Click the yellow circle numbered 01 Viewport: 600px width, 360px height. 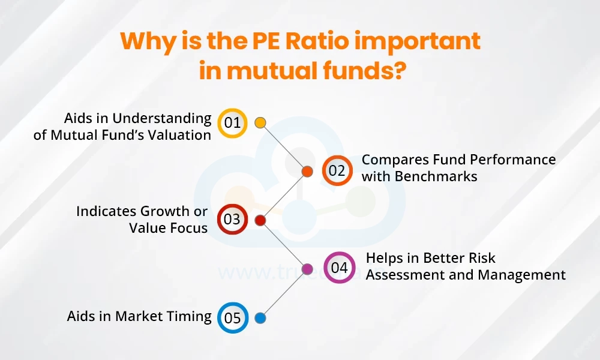(x=232, y=123)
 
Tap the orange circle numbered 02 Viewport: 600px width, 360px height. (x=337, y=171)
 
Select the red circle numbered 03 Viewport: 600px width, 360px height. (x=232, y=220)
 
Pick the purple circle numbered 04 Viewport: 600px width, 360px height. (x=339, y=268)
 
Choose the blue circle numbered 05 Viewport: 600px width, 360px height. (x=232, y=317)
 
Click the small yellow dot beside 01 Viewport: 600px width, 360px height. (x=260, y=123)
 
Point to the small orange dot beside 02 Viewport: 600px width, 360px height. (x=307, y=172)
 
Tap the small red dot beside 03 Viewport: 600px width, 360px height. (x=260, y=220)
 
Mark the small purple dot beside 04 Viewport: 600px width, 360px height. (x=307, y=268)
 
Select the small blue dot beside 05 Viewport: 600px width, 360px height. (x=260, y=317)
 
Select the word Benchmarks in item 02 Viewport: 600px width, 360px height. (x=443, y=176)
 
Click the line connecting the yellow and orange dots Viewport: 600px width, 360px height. (x=283, y=147)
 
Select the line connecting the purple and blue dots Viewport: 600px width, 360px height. (x=283, y=293)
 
